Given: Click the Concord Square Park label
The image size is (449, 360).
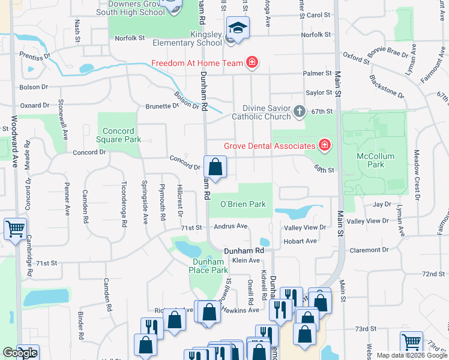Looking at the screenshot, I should coord(122,135).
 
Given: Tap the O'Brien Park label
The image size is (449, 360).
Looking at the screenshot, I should coord(243,204).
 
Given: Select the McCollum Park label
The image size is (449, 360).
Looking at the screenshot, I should coord(375,161).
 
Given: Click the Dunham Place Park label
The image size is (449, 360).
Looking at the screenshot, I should coord(210,266).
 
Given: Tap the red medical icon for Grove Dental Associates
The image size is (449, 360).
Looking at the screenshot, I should coord(325,145).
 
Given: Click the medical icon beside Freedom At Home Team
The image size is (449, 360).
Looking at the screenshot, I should coord(253,62).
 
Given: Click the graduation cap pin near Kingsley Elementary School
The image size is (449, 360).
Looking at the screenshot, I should coord(238,28).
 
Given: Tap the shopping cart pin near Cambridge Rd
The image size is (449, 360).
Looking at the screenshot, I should coord(15,229).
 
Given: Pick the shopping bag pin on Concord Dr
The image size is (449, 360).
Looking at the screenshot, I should coord(215,167).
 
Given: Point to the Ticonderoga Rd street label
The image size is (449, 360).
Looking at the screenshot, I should coord(124,204).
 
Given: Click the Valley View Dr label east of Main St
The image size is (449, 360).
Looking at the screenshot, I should coord(368,221).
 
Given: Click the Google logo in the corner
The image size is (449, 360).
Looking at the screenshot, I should coord(20,353).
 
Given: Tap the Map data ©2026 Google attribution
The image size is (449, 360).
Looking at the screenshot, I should coord(412,355).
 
